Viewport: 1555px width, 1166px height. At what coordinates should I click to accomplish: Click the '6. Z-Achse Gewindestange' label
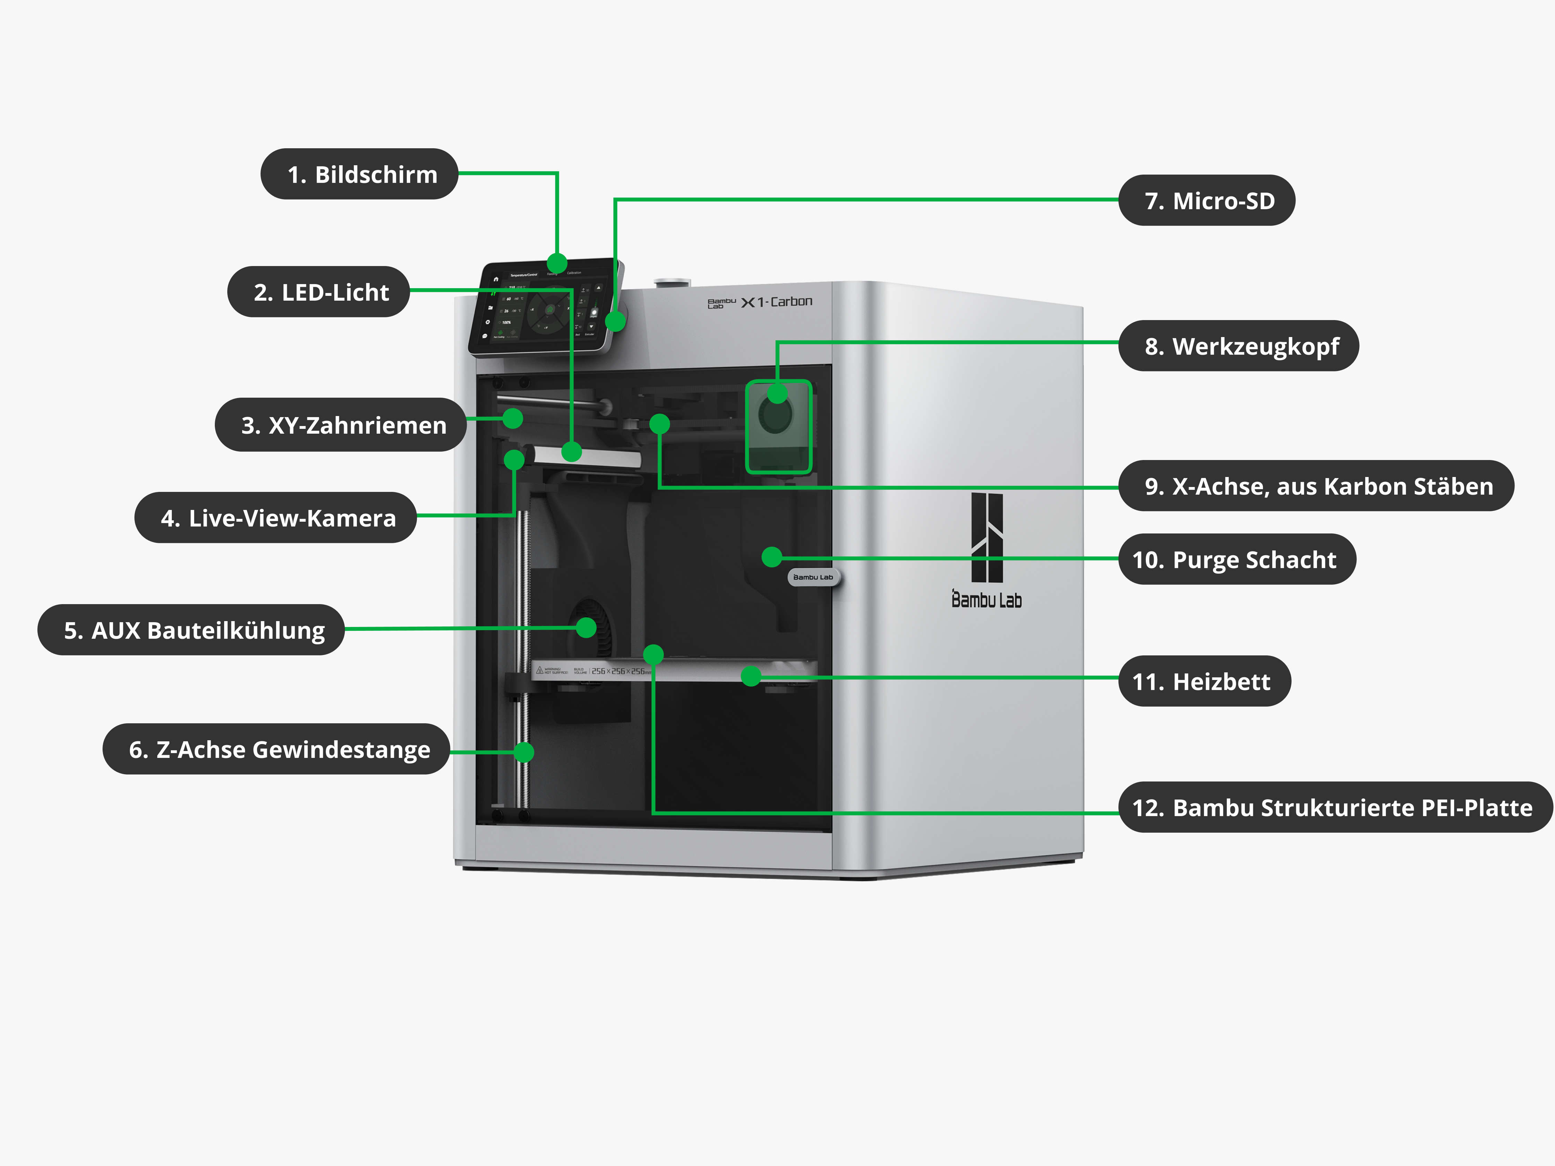click(x=276, y=749)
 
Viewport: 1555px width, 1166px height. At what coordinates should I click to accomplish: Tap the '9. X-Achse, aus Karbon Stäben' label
click(x=1316, y=486)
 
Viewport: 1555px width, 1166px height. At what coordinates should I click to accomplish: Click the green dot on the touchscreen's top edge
click(x=557, y=264)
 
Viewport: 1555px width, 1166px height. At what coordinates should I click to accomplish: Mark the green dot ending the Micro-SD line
click(x=615, y=321)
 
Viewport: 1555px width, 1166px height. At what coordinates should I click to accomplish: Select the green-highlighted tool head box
click(x=778, y=427)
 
